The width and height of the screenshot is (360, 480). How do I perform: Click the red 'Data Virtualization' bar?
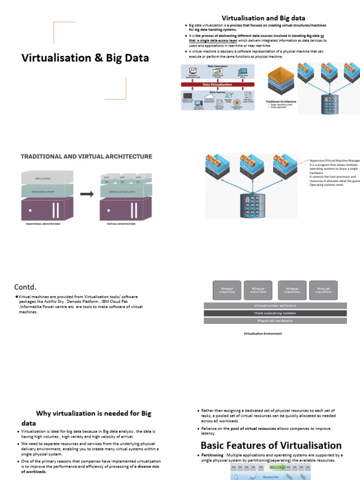click(x=217, y=84)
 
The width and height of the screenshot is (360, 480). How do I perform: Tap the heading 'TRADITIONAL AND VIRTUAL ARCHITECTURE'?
click(x=86, y=157)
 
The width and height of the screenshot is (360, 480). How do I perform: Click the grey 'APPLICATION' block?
click(x=43, y=179)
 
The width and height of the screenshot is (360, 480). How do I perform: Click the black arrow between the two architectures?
click(x=86, y=194)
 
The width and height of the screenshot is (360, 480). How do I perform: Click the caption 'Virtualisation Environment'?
click(x=262, y=334)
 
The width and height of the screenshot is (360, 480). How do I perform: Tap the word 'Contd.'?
click(x=25, y=286)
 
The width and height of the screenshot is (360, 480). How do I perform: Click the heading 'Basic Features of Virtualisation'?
click(x=271, y=445)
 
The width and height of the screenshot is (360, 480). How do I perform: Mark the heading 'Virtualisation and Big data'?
click(x=267, y=19)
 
